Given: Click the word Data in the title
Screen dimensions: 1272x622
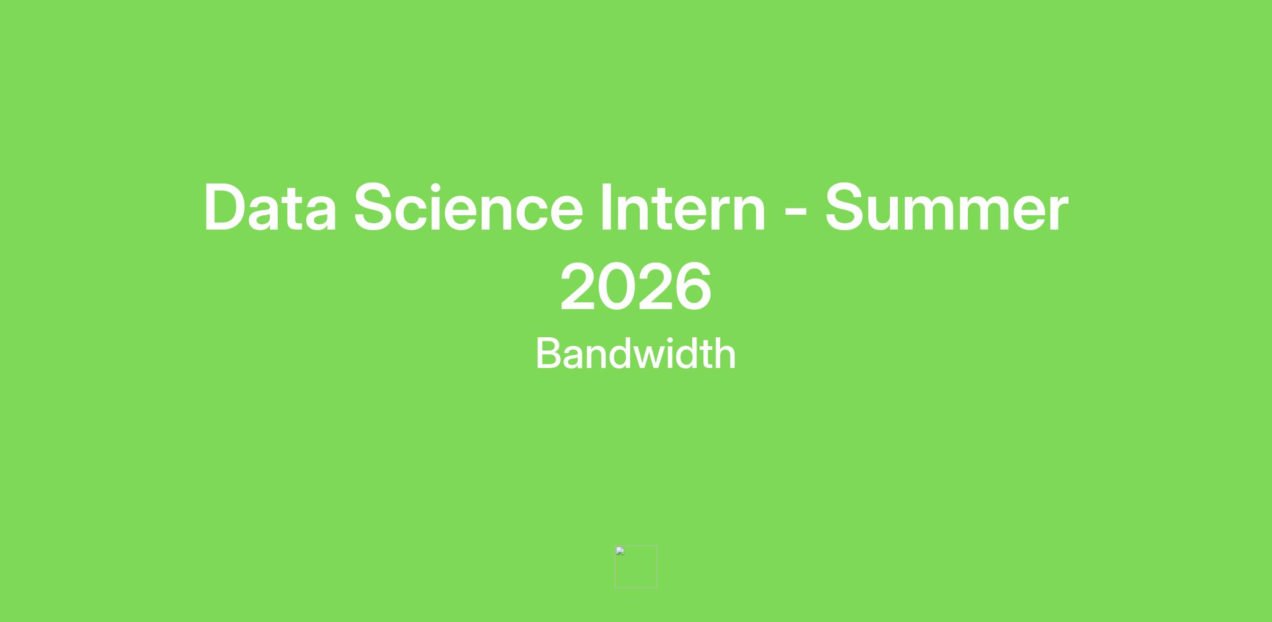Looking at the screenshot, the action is tap(270, 207).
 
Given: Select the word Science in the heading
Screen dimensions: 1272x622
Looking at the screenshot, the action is tap(469, 207).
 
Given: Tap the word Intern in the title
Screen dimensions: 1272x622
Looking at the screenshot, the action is tap(683, 207).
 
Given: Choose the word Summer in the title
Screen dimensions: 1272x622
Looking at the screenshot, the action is tap(947, 207).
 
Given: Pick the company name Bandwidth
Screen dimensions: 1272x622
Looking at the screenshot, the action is tap(636, 353).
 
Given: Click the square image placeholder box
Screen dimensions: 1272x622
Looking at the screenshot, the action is tap(636, 567).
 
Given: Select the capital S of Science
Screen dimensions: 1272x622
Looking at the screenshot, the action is tap(376, 207).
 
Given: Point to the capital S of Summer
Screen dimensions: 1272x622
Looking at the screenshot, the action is tap(847, 207).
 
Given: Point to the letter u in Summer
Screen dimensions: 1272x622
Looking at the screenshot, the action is tap(892, 214).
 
